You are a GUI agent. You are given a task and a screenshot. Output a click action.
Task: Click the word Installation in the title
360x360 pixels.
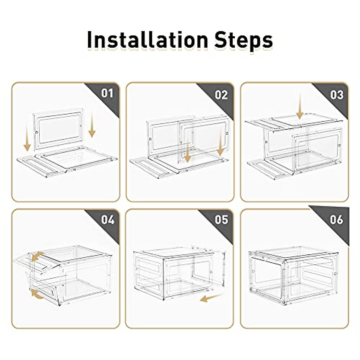tap(148, 40)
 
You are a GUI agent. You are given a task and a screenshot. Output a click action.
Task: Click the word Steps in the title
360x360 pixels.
tap(244, 41)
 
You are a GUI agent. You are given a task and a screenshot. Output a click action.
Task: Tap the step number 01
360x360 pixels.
tap(107, 93)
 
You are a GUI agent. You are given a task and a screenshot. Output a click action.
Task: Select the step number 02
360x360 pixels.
tap(221, 95)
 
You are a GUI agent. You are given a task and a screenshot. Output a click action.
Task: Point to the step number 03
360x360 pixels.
tap(337, 95)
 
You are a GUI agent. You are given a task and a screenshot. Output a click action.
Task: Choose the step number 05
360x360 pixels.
tap(221, 220)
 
